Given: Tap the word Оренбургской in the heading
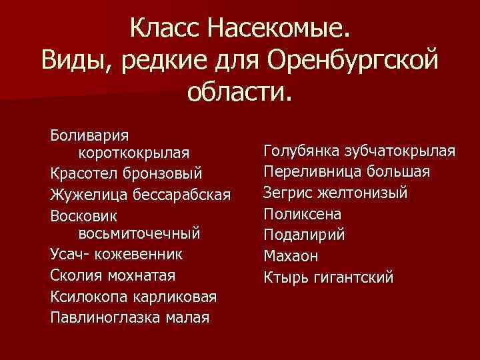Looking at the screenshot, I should pyautogui.click(x=353, y=61).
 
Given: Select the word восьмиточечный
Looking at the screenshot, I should pyautogui.click(x=139, y=234).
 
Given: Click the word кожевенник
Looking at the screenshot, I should pyautogui.click(x=141, y=254).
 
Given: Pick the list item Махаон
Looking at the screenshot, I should pyautogui.click(x=291, y=255).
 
